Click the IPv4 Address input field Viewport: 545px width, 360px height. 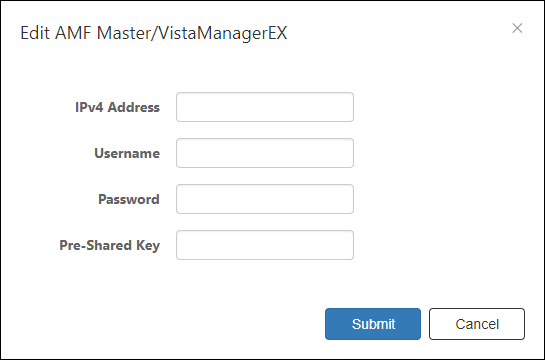pos(265,107)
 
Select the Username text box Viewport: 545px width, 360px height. pos(265,153)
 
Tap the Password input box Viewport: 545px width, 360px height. pos(265,199)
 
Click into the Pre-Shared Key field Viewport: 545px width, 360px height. pos(265,245)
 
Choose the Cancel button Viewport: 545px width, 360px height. pos(477,324)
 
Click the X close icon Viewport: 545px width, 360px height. pos(517,28)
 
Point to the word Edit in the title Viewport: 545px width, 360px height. pos(35,33)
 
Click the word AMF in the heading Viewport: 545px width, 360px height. pos(73,33)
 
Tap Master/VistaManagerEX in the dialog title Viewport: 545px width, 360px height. pos(192,34)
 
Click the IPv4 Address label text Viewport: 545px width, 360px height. pos(117,107)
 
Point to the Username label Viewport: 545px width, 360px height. pos(127,153)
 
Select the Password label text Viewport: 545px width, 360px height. pos(129,199)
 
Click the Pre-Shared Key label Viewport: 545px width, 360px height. pos(110,245)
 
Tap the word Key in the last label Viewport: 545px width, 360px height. pos(148,246)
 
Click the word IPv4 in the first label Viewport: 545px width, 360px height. pos(89,107)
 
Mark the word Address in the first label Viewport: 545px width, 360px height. pos(134,107)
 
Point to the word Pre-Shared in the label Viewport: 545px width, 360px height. pos(96,245)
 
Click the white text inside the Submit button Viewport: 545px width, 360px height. pos(373,324)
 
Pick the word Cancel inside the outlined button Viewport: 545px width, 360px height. pos(477,324)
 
